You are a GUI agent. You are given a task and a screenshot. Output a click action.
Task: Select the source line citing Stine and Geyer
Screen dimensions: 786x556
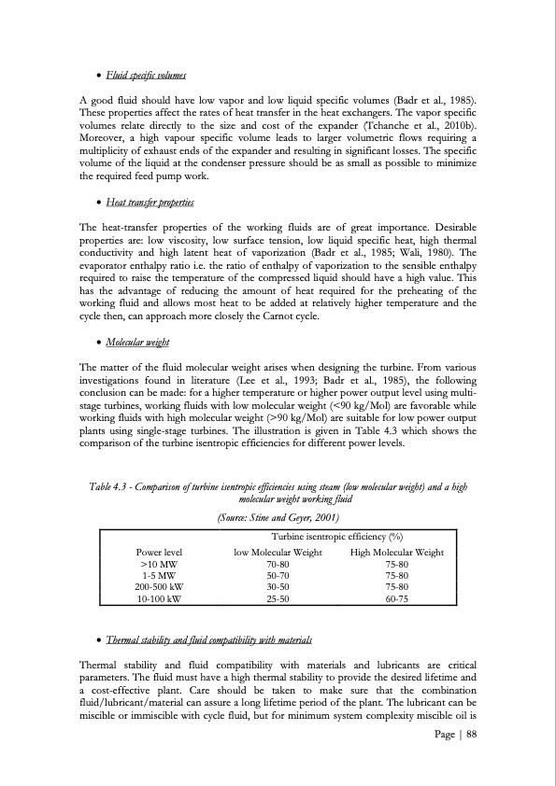(278, 517)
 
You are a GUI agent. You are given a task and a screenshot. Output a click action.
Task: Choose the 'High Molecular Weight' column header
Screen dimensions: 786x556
(396, 553)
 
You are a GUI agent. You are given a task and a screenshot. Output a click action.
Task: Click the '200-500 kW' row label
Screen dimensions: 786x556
(158, 587)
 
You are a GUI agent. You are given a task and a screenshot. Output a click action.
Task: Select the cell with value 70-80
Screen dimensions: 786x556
(277, 565)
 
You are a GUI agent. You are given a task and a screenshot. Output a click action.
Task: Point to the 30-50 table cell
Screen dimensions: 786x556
(277, 587)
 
